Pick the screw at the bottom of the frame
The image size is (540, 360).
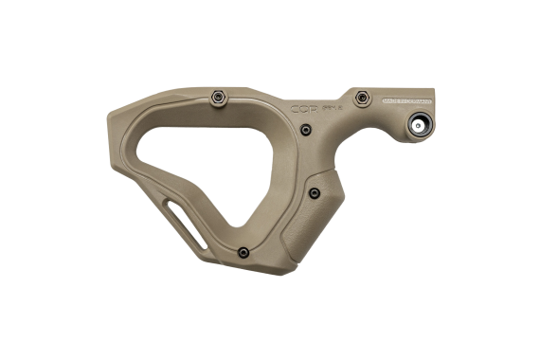coord(243,252)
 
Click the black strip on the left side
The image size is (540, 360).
coord(45,180)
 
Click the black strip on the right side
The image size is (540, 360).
coord(495,180)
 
